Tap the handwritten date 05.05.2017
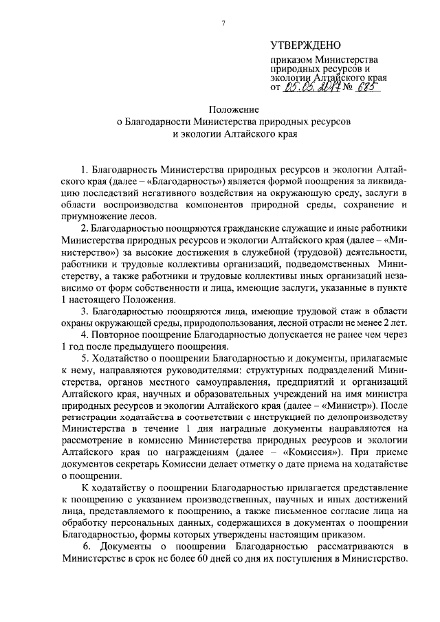pos(312,87)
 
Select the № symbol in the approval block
pos(349,88)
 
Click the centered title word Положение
pos(234,109)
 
